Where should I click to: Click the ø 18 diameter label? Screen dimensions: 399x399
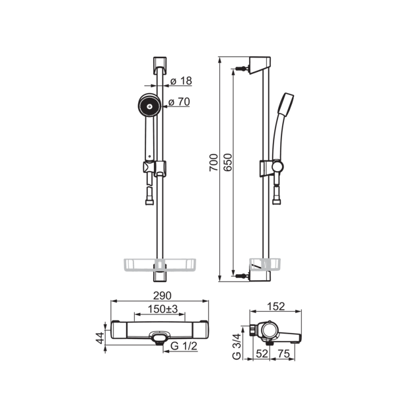click(181, 81)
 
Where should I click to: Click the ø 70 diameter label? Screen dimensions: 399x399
click(180, 102)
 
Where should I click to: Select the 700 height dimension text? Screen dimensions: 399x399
click(214, 163)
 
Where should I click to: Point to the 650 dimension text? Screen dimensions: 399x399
click(228, 163)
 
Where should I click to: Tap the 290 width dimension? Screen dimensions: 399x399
click(163, 296)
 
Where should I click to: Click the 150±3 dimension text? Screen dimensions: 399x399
click(163, 309)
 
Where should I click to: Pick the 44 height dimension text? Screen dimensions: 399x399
click(101, 338)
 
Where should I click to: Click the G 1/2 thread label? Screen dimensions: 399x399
click(184, 346)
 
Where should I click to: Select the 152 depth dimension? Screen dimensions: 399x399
click(276, 307)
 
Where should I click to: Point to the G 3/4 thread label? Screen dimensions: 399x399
click(236, 347)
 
